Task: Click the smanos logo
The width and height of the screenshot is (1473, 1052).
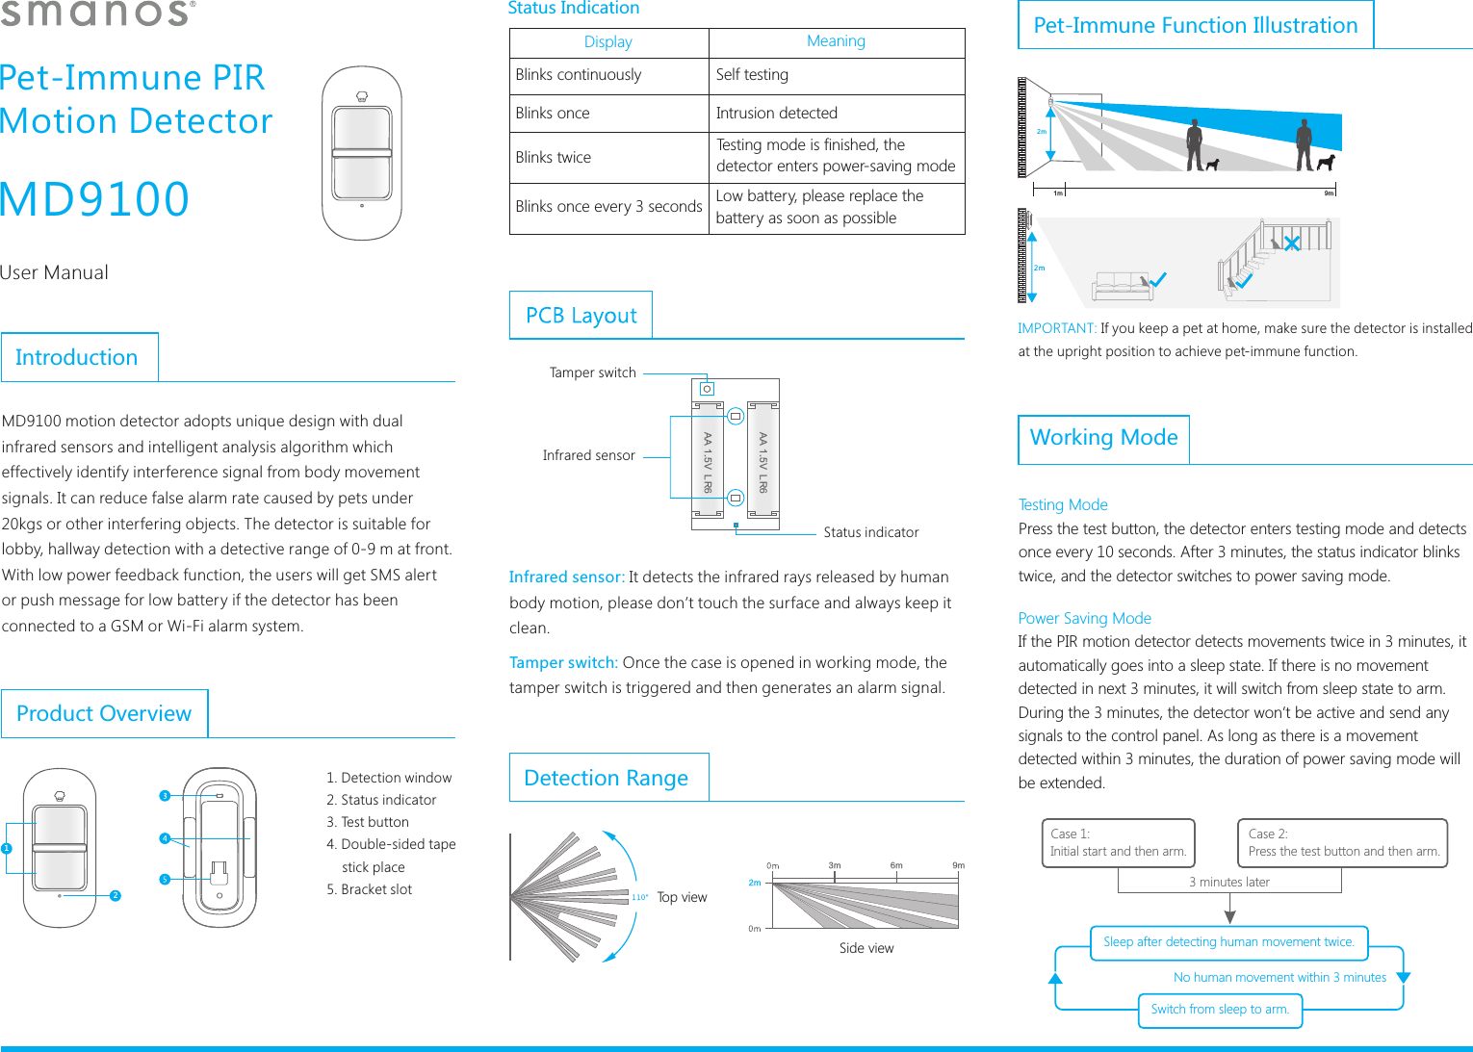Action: pos(96,13)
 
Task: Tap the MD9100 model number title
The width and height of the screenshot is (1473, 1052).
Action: pos(94,199)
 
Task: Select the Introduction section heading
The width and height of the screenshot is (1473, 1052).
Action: pos(77,357)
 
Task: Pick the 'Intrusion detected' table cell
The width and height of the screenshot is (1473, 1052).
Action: pos(776,113)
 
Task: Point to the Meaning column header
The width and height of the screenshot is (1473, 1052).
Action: pos(836,41)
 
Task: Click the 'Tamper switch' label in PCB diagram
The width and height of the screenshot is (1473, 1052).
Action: pos(592,372)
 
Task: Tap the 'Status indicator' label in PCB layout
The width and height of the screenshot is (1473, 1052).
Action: pos(870,532)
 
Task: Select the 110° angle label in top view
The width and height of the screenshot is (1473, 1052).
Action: pos(639,897)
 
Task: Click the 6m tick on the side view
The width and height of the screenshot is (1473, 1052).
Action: pos(896,865)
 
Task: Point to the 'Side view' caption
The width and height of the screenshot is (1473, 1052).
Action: pos(866,948)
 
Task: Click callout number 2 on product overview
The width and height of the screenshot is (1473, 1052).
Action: pos(116,896)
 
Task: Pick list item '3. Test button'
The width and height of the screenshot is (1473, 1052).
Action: pos(368,822)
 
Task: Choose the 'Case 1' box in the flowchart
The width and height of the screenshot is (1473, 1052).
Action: pos(1118,843)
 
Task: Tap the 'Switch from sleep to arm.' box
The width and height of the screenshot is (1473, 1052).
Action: pos(1220,1010)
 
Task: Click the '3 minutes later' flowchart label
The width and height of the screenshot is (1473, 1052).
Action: pos(1228,882)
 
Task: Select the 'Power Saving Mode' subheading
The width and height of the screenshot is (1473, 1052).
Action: pos(1084,618)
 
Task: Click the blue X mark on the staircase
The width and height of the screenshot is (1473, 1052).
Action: pos(1292,244)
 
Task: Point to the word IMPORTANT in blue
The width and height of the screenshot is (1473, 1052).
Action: pos(1056,328)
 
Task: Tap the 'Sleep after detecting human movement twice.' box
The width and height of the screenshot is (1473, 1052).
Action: pos(1228,942)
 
